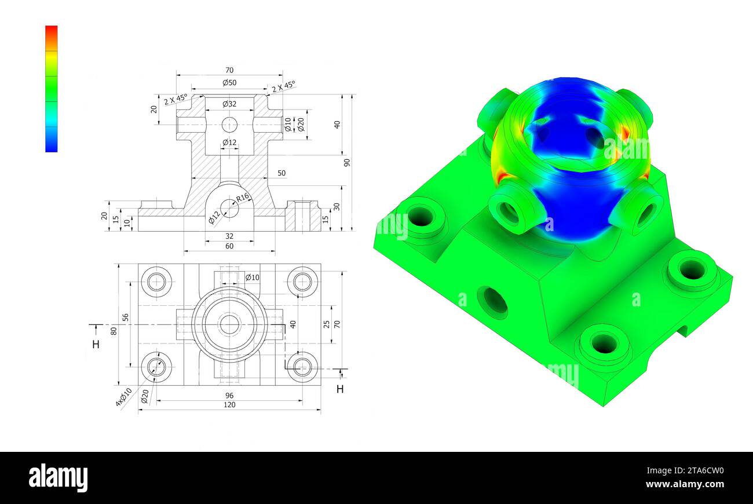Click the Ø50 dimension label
point(229,83)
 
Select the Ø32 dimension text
point(229,104)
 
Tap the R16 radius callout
point(242,197)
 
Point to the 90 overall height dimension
point(347,162)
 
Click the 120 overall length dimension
point(229,404)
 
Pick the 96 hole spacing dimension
point(229,395)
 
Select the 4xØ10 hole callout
point(123,397)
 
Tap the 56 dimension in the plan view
point(126,317)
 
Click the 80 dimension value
point(114,331)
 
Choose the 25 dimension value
point(327,324)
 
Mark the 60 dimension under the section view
point(229,246)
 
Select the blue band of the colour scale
point(52,142)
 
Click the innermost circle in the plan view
point(229,324)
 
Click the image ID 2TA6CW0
point(697,471)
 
